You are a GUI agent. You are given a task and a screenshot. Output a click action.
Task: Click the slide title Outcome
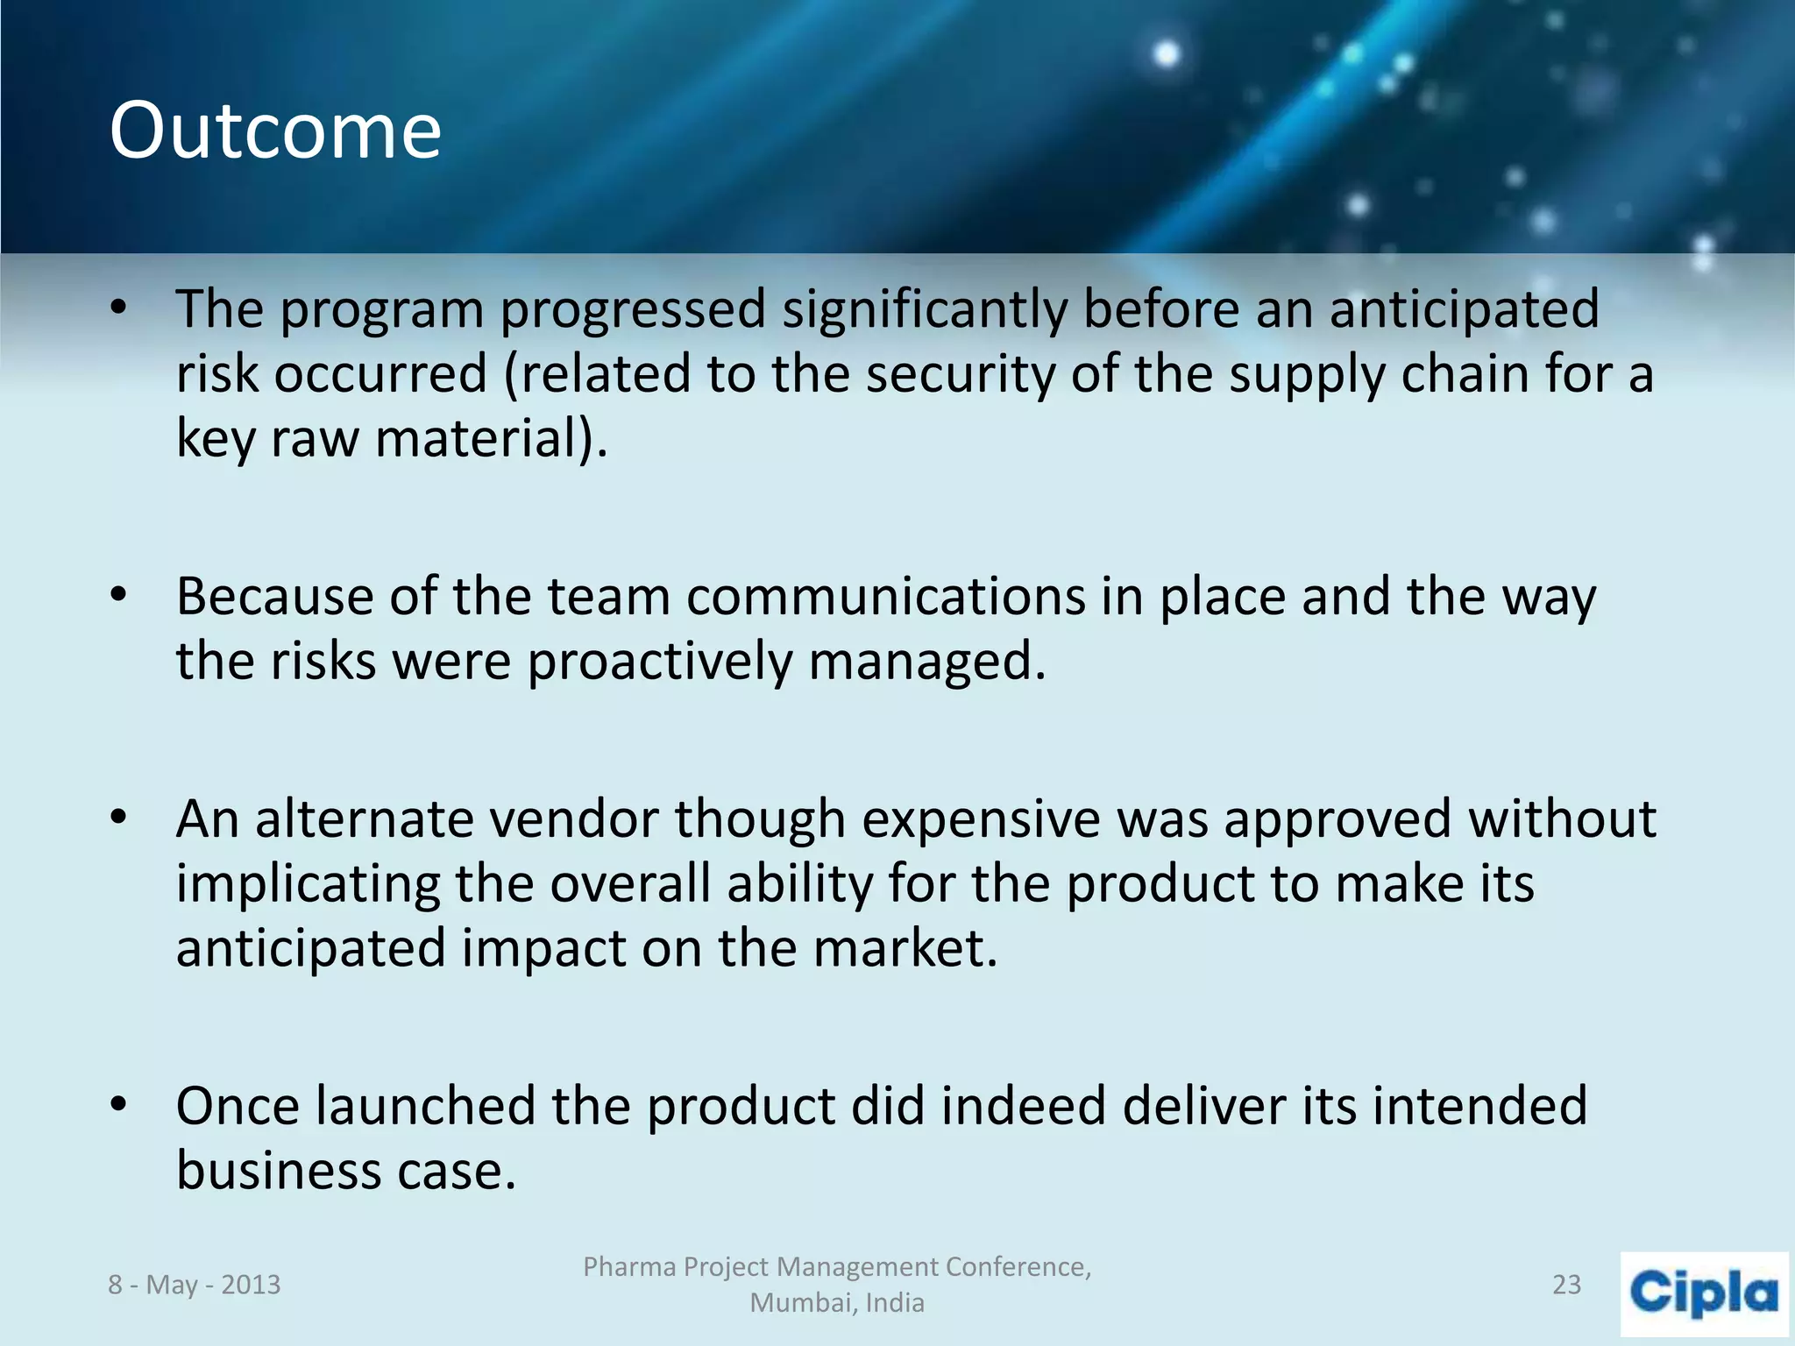[x=275, y=131]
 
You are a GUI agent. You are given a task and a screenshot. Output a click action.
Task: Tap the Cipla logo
[x=1704, y=1293]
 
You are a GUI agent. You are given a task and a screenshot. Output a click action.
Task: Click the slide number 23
[x=1566, y=1285]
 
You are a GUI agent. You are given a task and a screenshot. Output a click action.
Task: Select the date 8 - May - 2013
[x=194, y=1285]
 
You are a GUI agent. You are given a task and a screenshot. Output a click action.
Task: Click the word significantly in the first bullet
[x=924, y=310]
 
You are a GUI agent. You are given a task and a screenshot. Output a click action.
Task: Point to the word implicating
[x=308, y=885]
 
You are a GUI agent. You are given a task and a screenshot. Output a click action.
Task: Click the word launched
[x=425, y=1107]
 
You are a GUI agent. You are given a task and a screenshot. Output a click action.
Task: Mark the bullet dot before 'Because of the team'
[x=119, y=596]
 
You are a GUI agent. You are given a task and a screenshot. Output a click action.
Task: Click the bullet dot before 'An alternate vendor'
[x=119, y=818]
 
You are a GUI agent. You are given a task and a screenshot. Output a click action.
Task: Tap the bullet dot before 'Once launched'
[x=119, y=1105]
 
